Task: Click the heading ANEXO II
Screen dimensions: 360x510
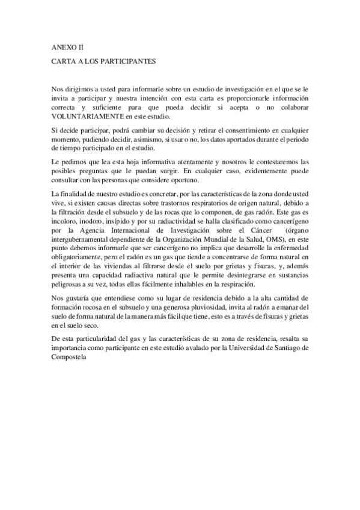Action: tap(68, 46)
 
